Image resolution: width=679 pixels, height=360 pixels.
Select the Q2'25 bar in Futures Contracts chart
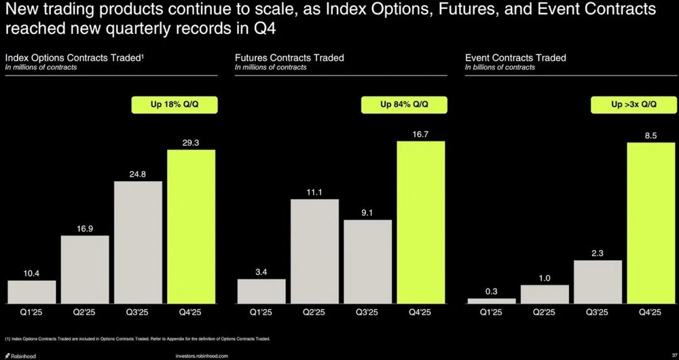pyautogui.click(x=314, y=251)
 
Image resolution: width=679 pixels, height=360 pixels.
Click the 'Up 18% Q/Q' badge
pyautogui.click(x=175, y=105)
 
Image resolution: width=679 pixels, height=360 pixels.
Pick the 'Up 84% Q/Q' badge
pyautogui.click(x=405, y=105)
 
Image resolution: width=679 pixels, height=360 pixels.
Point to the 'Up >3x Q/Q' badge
pyautogui.click(x=634, y=105)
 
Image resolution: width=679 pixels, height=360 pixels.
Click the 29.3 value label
pyautogui.click(x=191, y=142)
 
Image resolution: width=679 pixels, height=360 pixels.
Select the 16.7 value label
pyautogui.click(x=421, y=134)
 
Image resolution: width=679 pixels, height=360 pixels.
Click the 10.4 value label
pyautogui.click(x=31, y=273)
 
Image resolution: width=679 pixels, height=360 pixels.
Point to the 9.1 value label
pyautogui.click(x=367, y=212)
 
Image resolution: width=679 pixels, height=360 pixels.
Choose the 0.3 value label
pyautogui.click(x=491, y=291)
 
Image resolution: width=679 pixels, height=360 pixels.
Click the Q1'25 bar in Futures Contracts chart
pyautogui.click(x=261, y=291)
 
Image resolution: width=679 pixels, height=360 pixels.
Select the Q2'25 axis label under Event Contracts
pyautogui.click(x=544, y=312)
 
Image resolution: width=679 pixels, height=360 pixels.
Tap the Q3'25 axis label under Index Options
pyautogui.click(x=138, y=312)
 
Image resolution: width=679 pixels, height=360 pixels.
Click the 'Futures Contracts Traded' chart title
pyautogui.click(x=289, y=58)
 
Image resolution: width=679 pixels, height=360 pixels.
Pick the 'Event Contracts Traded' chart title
pyautogui.click(x=515, y=58)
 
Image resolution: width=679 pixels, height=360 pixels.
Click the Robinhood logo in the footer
pyautogui.click(x=21, y=355)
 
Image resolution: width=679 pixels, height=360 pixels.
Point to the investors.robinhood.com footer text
pyautogui.click(x=202, y=355)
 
